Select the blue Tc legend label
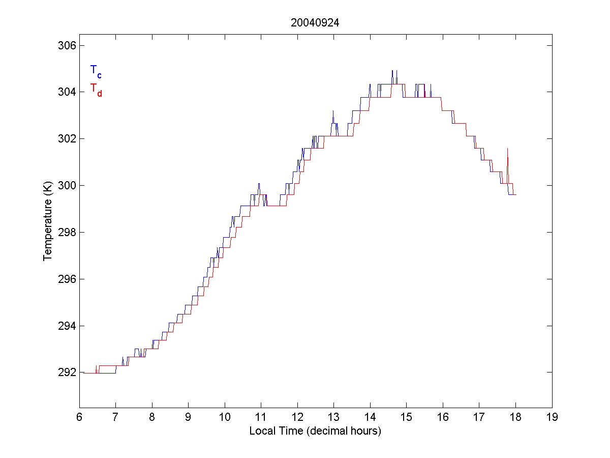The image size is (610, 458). (x=96, y=71)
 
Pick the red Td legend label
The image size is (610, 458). (x=96, y=90)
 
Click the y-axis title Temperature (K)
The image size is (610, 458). (x=48, y=222)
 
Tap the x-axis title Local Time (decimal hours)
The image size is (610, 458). (x=315, y=431)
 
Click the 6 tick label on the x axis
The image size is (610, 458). (x=79, y=417)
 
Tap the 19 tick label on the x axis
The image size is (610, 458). (x=552, y=417)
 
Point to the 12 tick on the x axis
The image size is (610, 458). (x=297, y=417)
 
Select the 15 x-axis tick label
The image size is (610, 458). (x=407, y=417)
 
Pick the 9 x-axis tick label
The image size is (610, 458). (x=189, y=417)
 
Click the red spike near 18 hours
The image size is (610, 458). (x=507, y=149)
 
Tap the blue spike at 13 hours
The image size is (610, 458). (x=333, y=111)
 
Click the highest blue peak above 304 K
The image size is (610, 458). (x=392, y=71)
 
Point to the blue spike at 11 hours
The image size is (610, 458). (x=259, y=184)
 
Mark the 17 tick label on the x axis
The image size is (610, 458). (x=479, y=417)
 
